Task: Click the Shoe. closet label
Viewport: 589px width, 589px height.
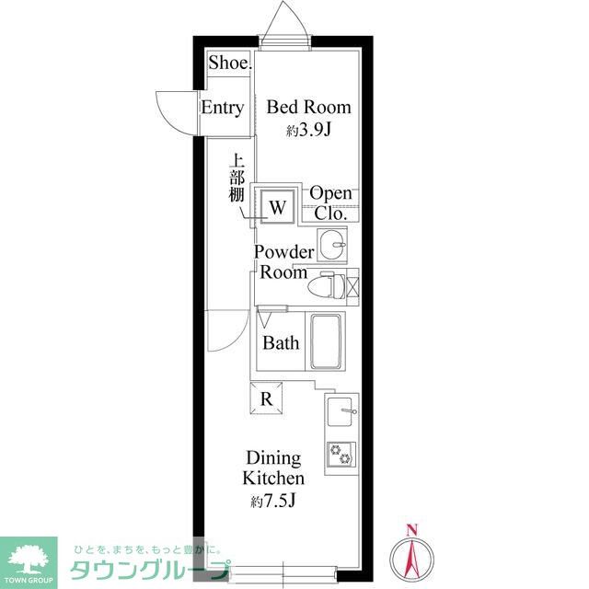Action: pos(230,63)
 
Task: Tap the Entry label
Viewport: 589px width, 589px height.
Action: pos(223,108)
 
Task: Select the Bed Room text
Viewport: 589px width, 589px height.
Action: pos(309,107)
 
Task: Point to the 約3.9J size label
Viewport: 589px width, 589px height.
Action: pos(309,131)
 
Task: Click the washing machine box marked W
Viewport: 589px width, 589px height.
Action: pos(277,206)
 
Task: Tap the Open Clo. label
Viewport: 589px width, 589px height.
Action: pos(330,203)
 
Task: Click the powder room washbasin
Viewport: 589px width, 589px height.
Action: pos(332,244)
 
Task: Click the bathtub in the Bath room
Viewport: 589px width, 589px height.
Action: pos(326,341)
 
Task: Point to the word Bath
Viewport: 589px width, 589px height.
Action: pos(281,343)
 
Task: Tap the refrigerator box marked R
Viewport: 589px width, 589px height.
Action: pos(266,398)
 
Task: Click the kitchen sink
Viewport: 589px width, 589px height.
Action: pos(341,411)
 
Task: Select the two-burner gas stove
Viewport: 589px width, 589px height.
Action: pos(341,454)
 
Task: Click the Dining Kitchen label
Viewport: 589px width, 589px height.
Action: pos(273,468)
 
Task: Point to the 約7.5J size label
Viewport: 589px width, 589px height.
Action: pos(273,501)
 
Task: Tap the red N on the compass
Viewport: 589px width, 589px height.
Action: pos(412,530)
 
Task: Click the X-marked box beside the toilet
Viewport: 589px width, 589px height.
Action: pos(352,285)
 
